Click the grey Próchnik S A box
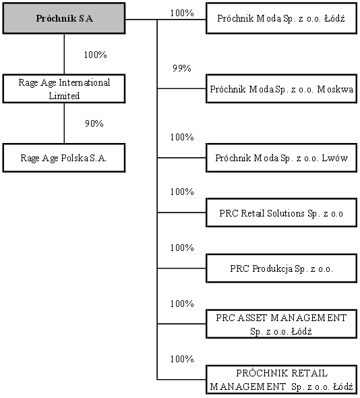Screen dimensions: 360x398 [x=64, y=18]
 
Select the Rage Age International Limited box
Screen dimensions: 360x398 [x=64, y=88]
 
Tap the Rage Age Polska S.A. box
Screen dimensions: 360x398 [x=64, y=158]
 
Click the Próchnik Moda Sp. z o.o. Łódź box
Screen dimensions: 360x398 [x=282, y=18]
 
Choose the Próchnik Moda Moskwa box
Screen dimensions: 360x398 [x=282, y=88]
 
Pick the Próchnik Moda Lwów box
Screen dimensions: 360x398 [x=282, y=158]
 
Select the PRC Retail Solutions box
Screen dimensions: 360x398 [x=282, y=212]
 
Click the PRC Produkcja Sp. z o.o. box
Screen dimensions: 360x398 [x=282, y=268]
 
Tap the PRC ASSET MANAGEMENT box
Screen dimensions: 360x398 [x=282, y=324]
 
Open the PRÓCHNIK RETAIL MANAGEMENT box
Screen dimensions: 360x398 [x=282, y=380]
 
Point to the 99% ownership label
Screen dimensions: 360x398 [x=182, y=68]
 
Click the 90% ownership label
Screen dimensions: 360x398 [x=94, y=123]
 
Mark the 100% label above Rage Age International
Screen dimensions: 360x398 [x=95, y=55]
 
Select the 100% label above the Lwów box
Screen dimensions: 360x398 [x=182, y=137]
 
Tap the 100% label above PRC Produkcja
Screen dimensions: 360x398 [x=182, y=248]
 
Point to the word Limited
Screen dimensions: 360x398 [x=64, y=96]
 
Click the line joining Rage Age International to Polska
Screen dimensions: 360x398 [x=64, y=123]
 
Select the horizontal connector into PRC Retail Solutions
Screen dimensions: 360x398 [x=181, y=212]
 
